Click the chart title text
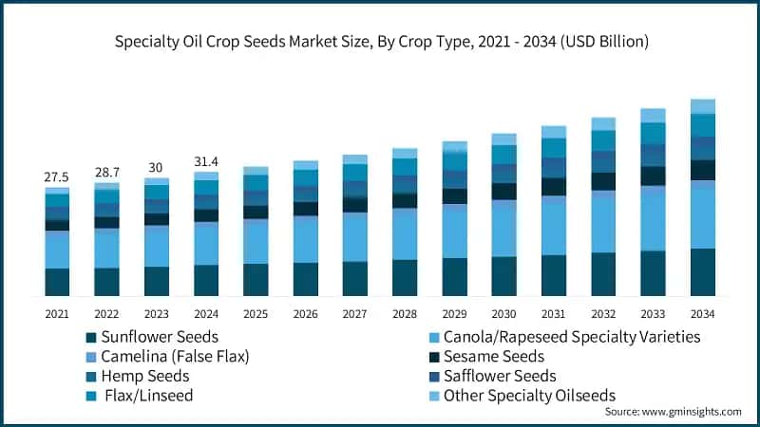click(380, 42)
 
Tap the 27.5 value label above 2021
click(57, 177)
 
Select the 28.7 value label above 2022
click(106, 173)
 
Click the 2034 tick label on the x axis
click(702, 313)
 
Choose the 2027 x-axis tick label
click(355, 313)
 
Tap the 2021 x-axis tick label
click(57, 313)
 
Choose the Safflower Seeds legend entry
click(495, 377)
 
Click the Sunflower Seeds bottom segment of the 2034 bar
click(702, 272)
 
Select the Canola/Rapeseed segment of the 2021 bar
click(57, 250)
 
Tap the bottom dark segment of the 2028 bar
click(405, 277)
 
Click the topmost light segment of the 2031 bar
click(554, 132)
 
